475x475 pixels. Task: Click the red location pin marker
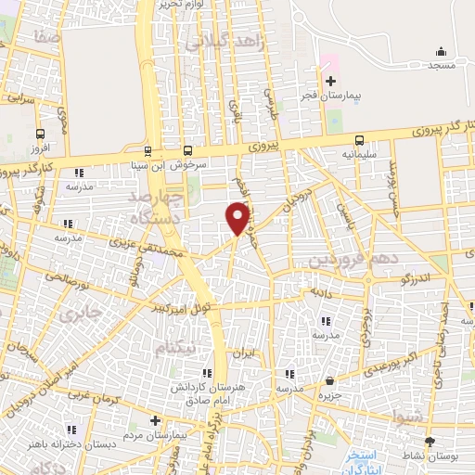click(238, 217)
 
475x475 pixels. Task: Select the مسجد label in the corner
click(442, 65)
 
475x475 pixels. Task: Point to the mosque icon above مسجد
click(442, 51)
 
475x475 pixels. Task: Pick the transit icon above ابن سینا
click(148, 151)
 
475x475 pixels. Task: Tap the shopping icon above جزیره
click(330, 380)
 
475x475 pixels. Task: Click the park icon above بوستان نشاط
click(430, 443)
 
